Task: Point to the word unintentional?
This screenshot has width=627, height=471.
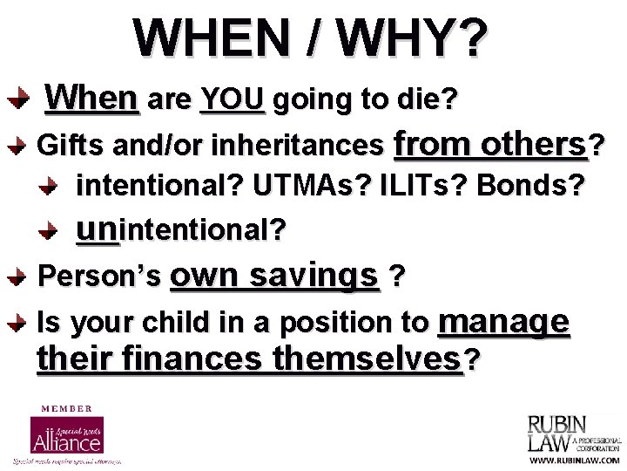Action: tap(181, 230)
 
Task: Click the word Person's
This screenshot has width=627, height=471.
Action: tap(100, 276)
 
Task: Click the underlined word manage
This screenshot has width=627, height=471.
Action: tap(504, 322)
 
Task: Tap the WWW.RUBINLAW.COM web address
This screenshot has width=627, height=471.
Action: tap(576, 460)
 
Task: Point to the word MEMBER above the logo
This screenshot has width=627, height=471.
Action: tap(67, 407)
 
